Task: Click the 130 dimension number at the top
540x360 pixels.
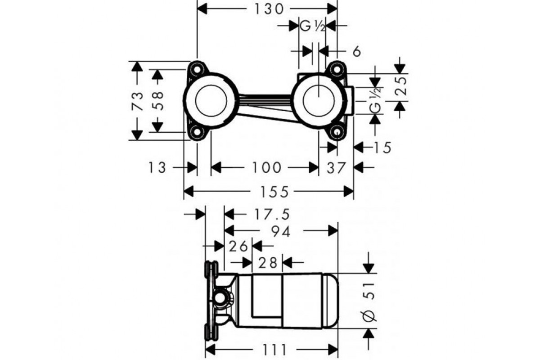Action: pos(269,9)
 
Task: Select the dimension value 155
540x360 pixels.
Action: pos(274,192)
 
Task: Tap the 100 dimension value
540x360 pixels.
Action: pos(266,167)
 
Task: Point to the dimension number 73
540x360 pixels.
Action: pos(137,101)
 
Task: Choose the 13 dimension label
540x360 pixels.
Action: pos(157,167)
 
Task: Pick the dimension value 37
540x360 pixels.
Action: pos(336,168)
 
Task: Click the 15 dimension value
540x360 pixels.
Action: pos(382,148)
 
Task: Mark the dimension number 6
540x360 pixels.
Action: pos(357,52)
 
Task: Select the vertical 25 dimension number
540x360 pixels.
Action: pos(401,86)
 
